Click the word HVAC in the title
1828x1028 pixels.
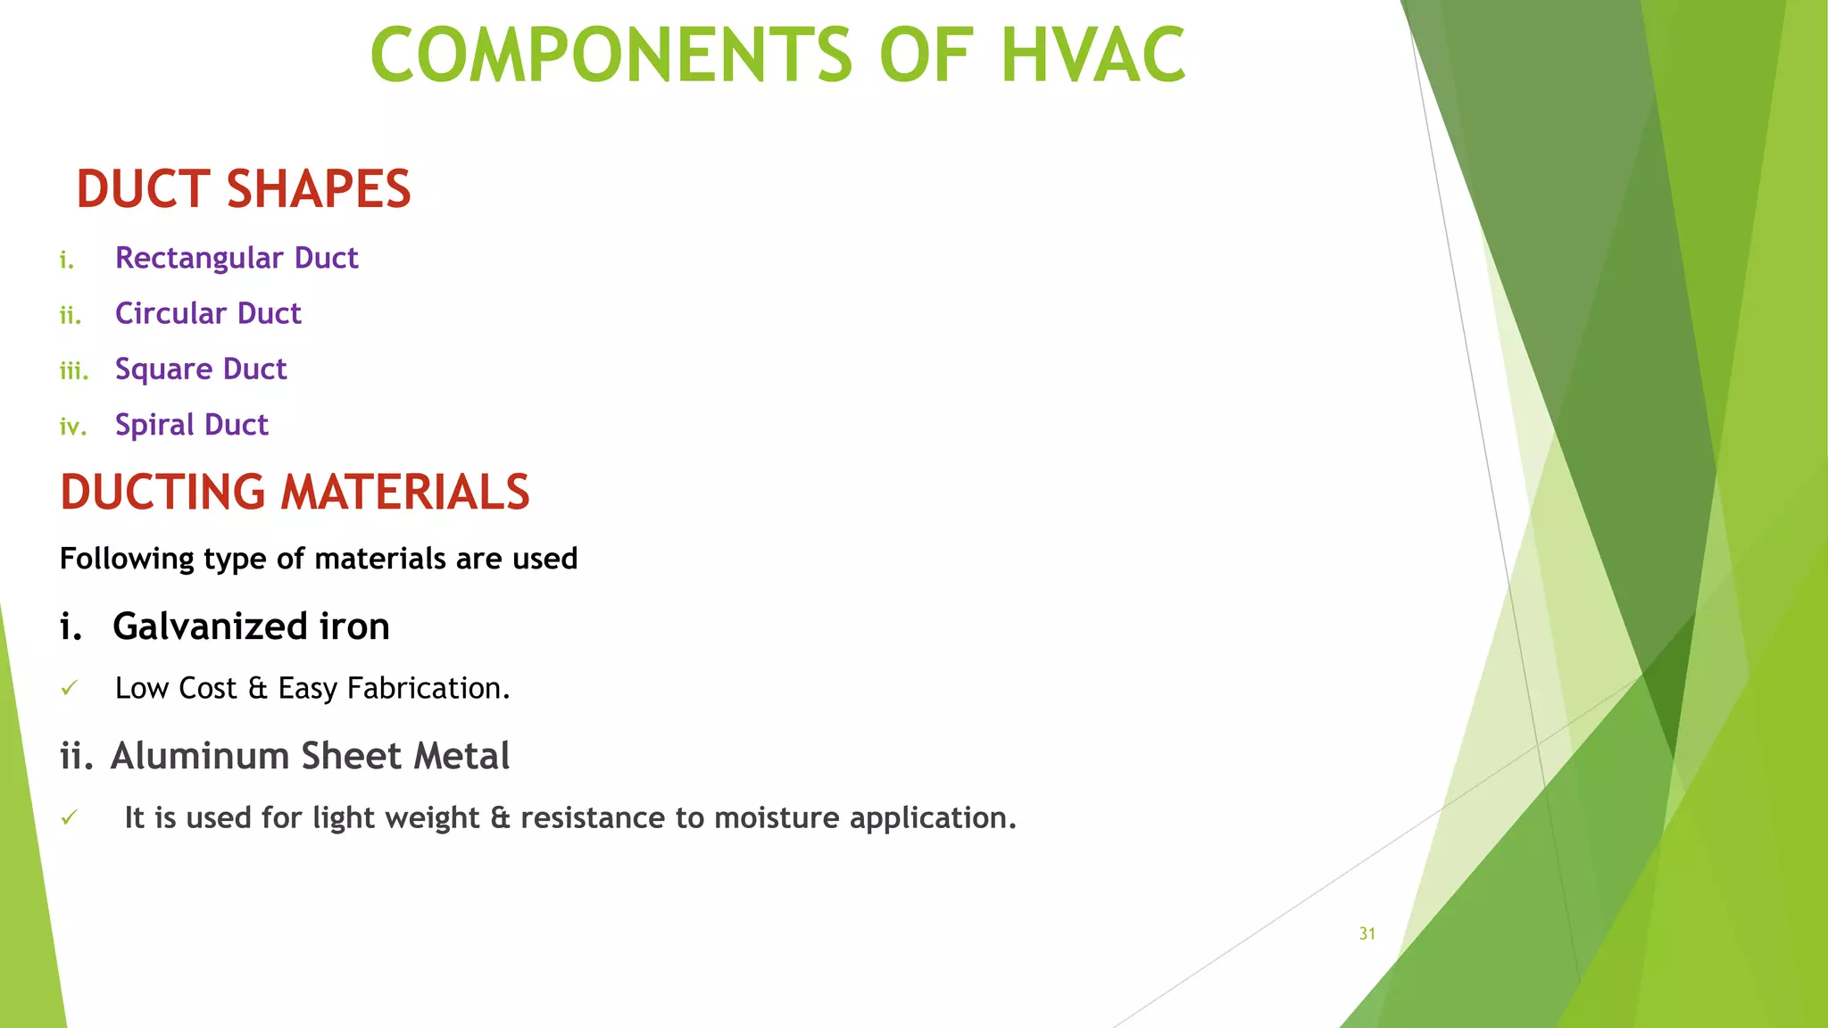point(1093,55)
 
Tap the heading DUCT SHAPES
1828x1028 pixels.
point(244,189)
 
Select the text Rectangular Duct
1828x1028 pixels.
point(237,258)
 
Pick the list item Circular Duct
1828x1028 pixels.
point(208,313)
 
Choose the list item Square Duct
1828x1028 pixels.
point(201,369)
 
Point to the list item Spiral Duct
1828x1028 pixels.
point(191,425)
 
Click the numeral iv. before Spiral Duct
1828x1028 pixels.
point(72,427)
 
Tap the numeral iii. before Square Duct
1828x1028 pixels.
point(74,370)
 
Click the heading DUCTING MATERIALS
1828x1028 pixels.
point(295,493)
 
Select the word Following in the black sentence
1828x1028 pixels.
point(127,560)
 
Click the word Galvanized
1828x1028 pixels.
point(210,626)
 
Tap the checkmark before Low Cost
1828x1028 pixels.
point(70,688)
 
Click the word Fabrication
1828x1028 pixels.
point(428,688)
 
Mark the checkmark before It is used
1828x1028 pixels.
point(70,817)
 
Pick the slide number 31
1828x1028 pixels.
point(1367,933)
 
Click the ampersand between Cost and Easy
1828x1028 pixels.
point(258,688)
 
